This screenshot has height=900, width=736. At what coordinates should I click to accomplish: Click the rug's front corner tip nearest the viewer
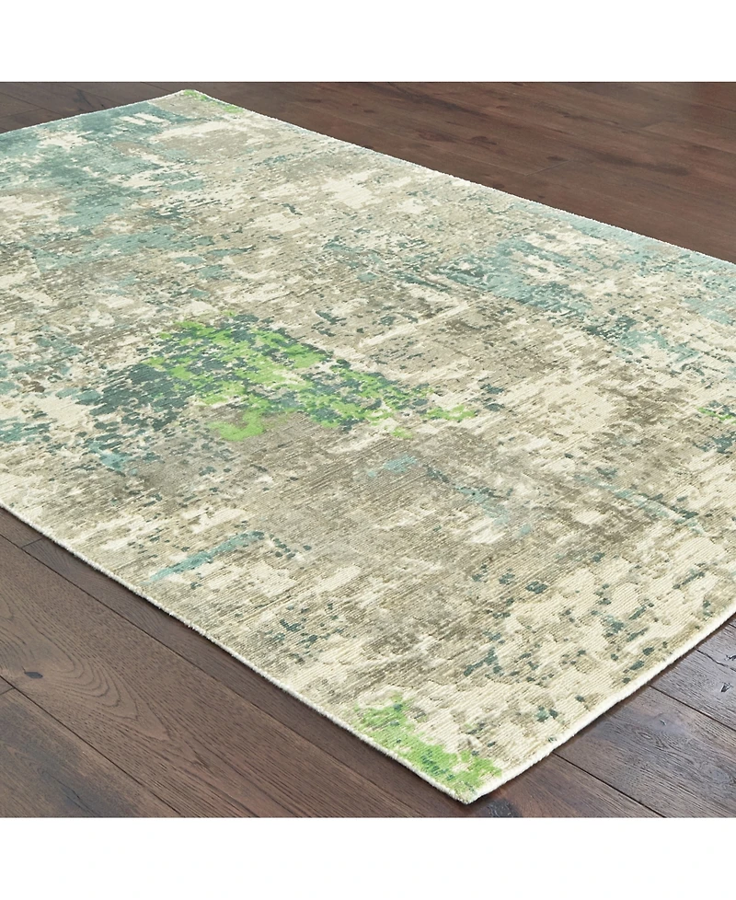click(471, 799)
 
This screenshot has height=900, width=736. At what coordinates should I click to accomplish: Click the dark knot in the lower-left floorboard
click(34, 675)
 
